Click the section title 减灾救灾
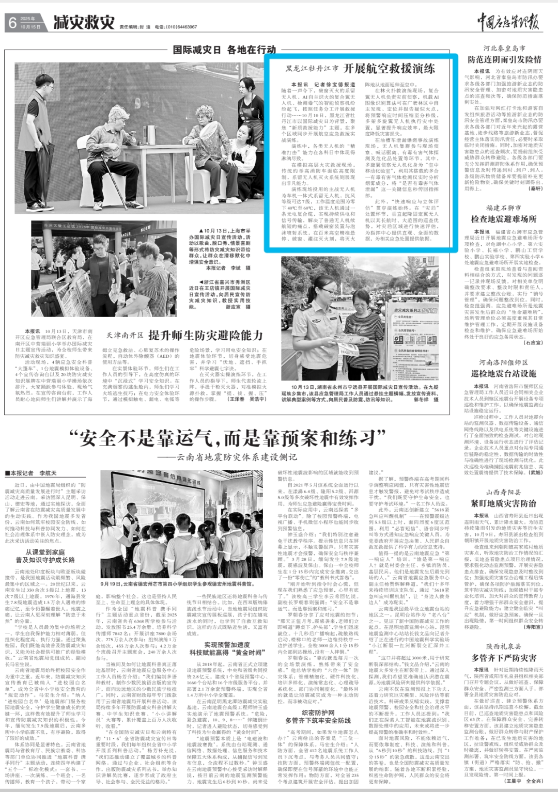point(84,22)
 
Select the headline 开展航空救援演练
point(389,68)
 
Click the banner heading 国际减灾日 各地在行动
point(224,50)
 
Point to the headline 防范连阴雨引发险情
point(504,59)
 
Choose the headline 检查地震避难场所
point(504,219)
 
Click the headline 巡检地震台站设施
point(504,373)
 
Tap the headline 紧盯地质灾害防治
point(504,503)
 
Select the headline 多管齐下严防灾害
point(504,658)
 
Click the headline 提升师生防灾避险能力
point(206,335)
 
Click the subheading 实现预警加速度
point(227,644)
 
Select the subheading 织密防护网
point(318,712)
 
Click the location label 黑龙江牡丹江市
point(312,69)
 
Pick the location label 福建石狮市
point(504,208)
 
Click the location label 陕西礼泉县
point(504,646)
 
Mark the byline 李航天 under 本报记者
point(48,473)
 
